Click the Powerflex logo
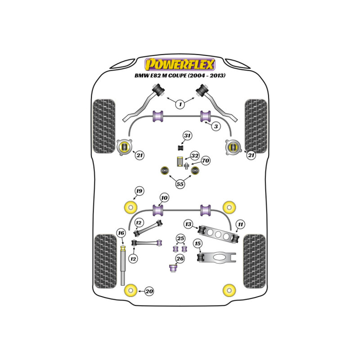180,64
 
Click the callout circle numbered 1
180,104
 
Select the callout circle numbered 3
216,126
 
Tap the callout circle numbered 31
187,136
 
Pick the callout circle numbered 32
195,156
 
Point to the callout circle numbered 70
206,161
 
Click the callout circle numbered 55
180,184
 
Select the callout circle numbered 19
139,191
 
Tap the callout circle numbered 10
164,198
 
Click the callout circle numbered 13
188,224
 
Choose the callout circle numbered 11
240,224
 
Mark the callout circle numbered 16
121,233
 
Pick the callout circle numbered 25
180,238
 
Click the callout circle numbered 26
180,259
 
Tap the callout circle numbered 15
198,243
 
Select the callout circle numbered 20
149,291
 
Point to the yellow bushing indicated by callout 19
130,207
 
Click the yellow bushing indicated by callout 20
130,291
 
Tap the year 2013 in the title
216,75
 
